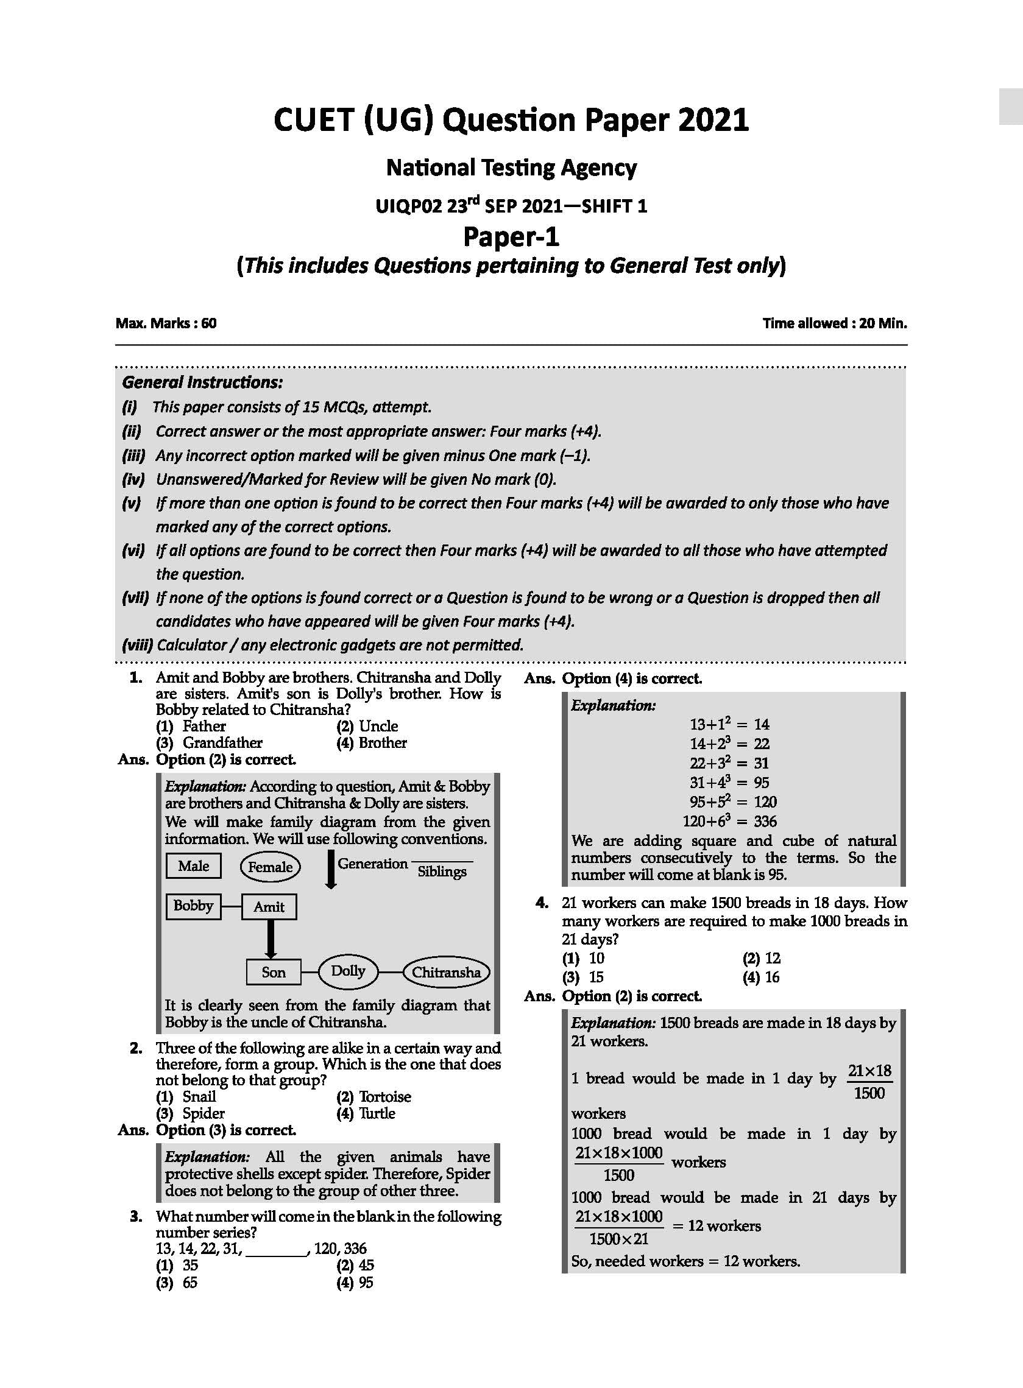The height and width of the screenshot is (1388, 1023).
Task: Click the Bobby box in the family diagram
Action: (193, 906)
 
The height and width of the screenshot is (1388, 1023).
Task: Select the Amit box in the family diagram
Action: (269, 907)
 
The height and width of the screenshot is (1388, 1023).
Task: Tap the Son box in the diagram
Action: (273, 971)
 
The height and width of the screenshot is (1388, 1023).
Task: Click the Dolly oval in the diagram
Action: (347, 970)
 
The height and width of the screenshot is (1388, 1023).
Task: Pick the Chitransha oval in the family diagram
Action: (446, 971)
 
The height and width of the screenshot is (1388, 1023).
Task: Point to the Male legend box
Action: (193, 865)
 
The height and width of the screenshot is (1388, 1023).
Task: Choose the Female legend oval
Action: (270, 866)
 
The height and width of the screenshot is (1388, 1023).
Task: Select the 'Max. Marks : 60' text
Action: (166, 323)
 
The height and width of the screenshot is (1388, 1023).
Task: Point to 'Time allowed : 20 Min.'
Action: (834, 323)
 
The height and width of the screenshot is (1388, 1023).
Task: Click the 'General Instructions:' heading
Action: (202, 382)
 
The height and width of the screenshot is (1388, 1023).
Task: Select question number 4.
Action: (542, 903)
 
